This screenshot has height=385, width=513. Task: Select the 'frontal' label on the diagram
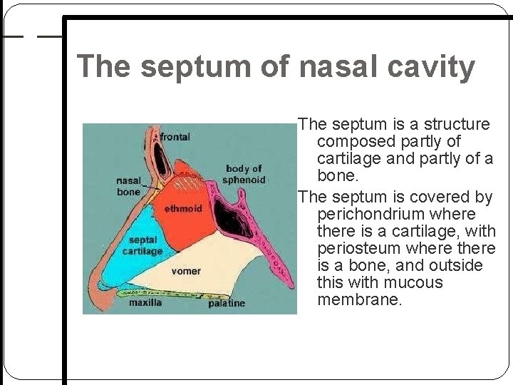click(175, 136)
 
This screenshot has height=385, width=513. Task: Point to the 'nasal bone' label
click(129, 186)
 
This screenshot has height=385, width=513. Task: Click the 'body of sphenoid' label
click(244, 174)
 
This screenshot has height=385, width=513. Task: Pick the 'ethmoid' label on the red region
click(183, 209)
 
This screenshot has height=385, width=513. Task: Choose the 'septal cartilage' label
click(142, 245)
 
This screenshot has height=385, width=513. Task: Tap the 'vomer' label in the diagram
click(186, 271)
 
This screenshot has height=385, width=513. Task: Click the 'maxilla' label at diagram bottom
click(145, 302)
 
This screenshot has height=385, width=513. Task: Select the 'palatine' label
click(227, 303)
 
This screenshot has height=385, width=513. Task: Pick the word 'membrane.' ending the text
click(360, 299)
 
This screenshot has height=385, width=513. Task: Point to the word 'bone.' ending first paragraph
click(338, 175)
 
